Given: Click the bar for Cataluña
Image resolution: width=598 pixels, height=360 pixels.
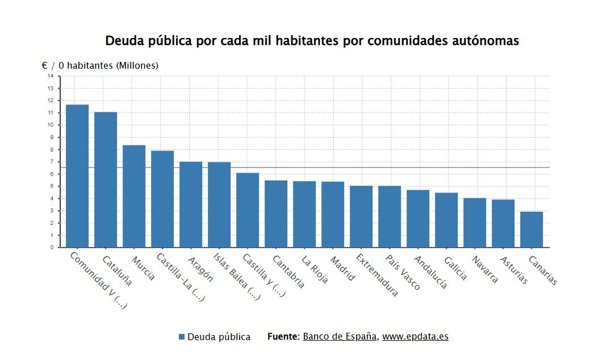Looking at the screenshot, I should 106,179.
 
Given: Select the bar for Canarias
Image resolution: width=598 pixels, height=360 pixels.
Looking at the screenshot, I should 532,229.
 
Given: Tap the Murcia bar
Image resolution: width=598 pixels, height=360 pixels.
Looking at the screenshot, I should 134,196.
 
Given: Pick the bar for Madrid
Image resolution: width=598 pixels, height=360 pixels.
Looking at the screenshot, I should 333,214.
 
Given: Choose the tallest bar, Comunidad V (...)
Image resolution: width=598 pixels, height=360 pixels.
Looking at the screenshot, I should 77,176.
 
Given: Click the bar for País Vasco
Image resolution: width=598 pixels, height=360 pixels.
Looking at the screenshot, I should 390,216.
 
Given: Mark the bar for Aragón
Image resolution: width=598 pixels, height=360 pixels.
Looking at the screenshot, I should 191,204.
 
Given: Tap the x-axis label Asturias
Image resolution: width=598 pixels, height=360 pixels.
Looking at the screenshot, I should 513,270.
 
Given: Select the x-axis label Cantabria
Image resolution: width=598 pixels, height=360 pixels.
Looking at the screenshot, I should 288,271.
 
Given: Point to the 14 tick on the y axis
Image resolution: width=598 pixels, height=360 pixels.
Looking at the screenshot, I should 51,76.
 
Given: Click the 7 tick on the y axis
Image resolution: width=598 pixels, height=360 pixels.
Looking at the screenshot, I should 51,162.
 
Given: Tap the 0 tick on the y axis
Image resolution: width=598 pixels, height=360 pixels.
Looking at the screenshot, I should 51,248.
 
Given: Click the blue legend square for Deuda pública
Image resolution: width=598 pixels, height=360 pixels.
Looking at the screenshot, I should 182,337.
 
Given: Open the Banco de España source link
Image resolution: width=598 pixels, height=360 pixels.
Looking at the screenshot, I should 340,336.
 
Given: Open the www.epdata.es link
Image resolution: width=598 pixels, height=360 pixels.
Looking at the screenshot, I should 415,336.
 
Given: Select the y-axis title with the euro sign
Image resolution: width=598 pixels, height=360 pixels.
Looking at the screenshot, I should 100,66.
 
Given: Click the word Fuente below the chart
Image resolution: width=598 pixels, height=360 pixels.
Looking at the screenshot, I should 282,336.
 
